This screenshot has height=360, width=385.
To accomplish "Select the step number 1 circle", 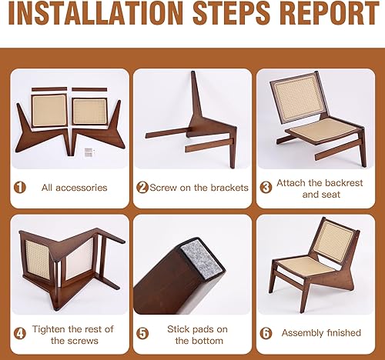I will point(21,187).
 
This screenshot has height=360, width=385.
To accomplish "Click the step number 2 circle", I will point(142,187).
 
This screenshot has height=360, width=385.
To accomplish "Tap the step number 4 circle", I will point(21,333).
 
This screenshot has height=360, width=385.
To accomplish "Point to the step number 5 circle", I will point(142,333).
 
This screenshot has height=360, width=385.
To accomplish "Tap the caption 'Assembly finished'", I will point(321,332).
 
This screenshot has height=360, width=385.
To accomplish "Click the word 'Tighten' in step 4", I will point(50,328).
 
